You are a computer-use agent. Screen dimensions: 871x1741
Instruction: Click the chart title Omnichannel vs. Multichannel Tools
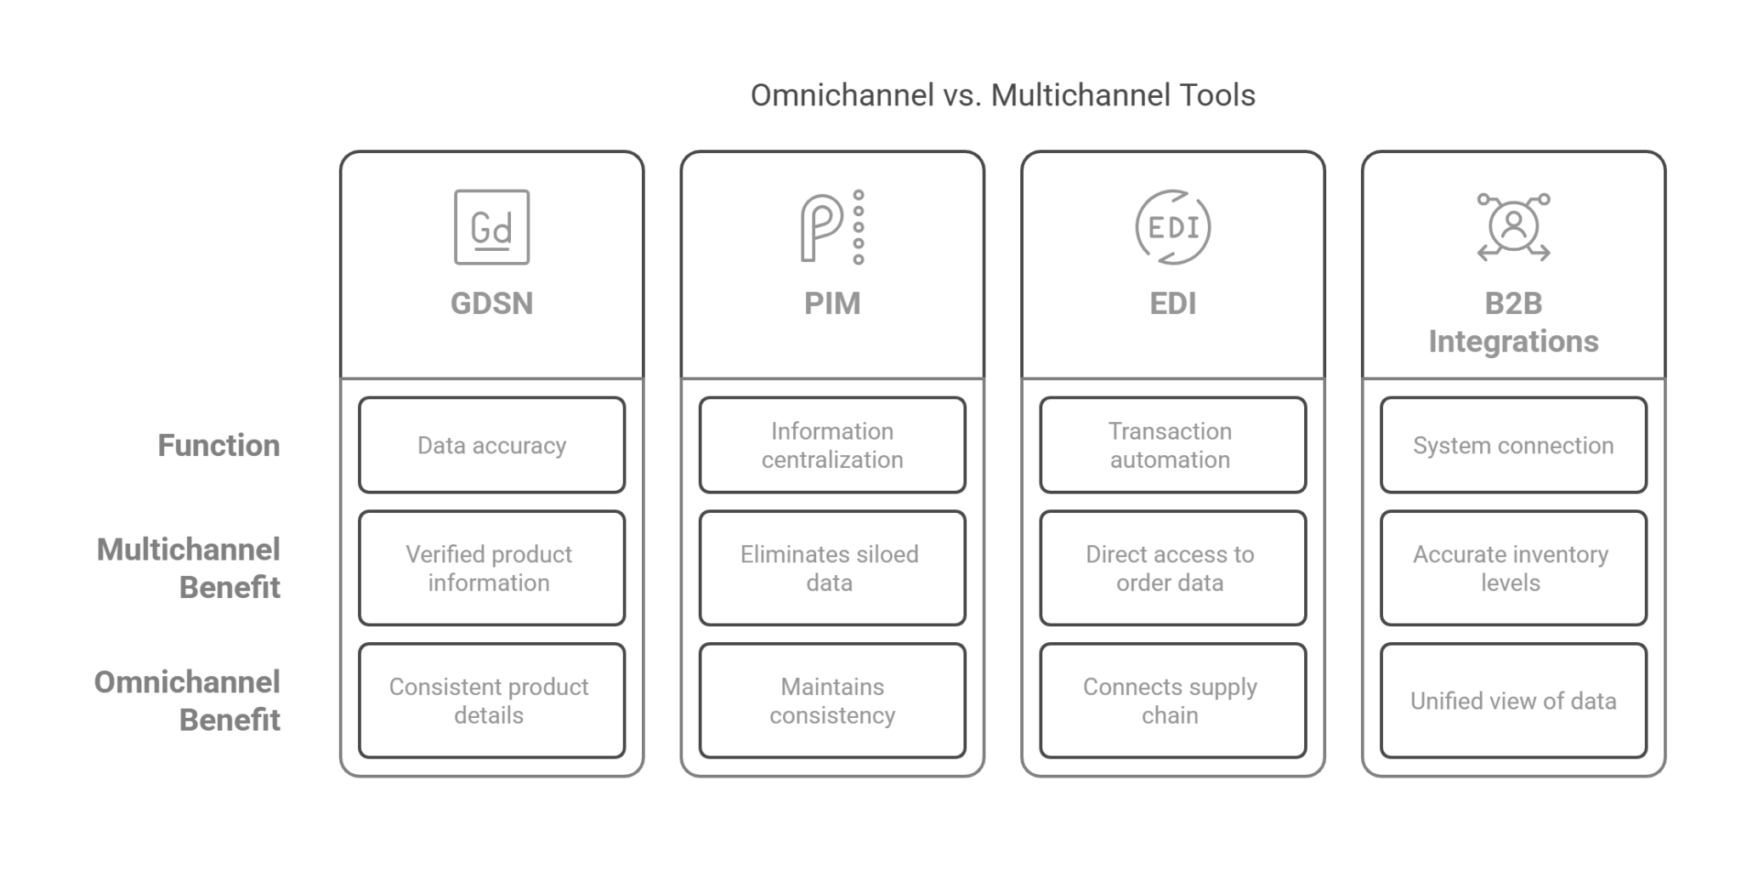[1002, 95]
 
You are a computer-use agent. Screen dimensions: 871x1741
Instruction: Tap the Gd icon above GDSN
[491, 227]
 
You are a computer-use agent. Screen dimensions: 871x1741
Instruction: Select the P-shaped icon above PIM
[831, 227]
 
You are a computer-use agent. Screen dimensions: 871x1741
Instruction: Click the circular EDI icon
[1172, 227]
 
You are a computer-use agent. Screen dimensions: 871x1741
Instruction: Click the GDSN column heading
[491, 304]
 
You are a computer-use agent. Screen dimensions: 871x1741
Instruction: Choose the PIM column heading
[832, 304]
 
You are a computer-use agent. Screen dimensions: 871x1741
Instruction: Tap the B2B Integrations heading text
[1513, 322]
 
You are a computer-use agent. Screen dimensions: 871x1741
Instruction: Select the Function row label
[218, 446]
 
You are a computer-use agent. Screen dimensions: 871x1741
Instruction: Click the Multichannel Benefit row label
[189, 568]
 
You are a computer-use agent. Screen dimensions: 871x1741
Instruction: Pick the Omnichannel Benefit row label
[187, 700]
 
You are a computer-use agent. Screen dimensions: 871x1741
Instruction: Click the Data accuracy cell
[491, 446]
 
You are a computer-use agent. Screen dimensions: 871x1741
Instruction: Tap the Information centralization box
[832, 446]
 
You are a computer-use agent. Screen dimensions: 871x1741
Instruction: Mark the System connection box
[1513, 446]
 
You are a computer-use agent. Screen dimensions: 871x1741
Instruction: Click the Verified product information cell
[489, 568]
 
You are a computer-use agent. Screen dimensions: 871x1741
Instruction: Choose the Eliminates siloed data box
[830, 568]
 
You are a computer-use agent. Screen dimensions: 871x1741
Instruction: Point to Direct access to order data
[1170, 568]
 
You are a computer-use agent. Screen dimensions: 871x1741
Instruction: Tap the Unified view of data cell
[1513, 701]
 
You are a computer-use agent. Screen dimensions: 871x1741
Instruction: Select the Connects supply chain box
[1170, 701]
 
